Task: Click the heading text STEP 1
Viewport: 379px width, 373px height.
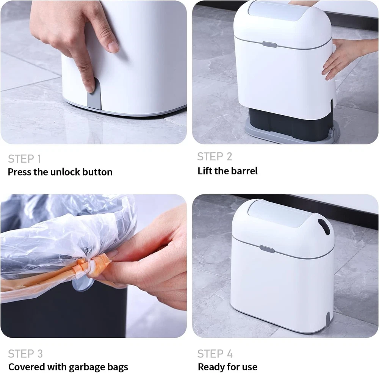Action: point(25,159)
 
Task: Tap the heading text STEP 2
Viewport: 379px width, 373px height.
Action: point(215,157)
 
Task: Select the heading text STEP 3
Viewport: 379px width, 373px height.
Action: point(25,354)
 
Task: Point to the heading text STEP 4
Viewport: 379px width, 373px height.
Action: point(215,354)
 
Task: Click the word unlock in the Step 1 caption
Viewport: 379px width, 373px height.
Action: point(65,172)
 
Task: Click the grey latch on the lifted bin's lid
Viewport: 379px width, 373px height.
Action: point(269,45)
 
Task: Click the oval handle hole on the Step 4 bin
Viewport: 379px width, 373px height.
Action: point(324,227)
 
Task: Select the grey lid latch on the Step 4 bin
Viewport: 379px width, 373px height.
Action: point(267,249)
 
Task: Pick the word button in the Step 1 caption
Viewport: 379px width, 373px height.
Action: point(97,172)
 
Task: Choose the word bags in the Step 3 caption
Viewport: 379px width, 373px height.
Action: point(118,367)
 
